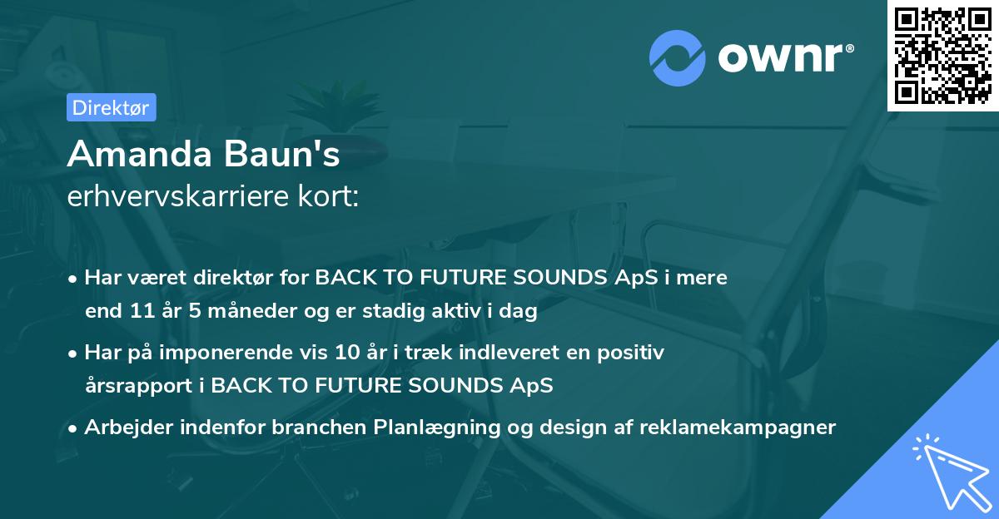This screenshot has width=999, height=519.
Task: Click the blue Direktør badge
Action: click(x=112, y=107)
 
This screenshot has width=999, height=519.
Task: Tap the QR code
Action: click(x=943, y=56)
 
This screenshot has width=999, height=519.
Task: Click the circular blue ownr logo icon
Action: click(x=678, y=58)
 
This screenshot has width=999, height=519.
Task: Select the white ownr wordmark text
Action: click(x=786, y=57)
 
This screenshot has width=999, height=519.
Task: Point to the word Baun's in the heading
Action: click(x=281, y=154)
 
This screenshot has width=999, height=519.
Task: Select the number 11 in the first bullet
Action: click(x=142, y=310)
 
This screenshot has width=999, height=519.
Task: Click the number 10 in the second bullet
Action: click(x=347, y=352)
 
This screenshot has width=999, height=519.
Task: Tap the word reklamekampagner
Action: click(x=738, y=428)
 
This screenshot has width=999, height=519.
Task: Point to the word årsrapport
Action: click(x=139, y=386)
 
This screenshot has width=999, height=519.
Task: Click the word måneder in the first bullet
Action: click(x=252, y=310)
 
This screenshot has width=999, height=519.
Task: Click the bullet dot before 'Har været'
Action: click(x=72, y=279)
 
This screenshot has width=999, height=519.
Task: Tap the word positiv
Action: click(x=631, y=353)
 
